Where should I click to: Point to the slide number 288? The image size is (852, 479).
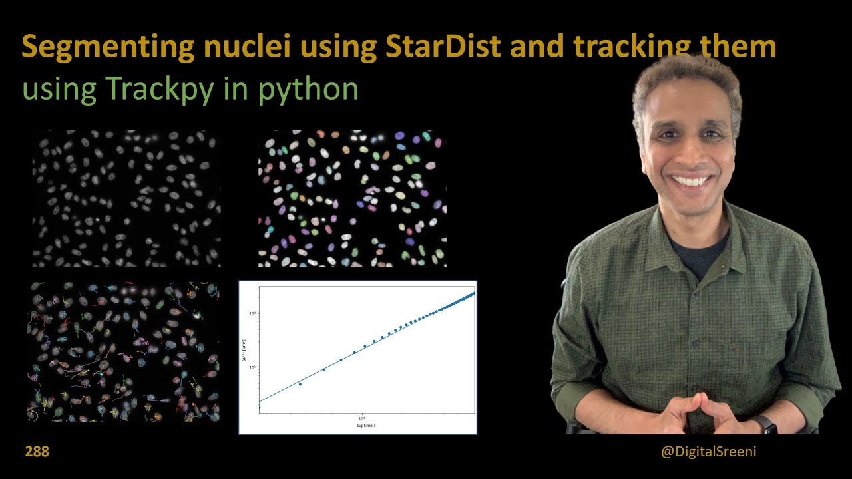(37, 452)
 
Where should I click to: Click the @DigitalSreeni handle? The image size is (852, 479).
(708, 452)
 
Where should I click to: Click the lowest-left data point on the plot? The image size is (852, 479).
(259, 407)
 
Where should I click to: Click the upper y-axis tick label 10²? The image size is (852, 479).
(253, 313)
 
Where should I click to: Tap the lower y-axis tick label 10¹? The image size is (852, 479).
(253, 367)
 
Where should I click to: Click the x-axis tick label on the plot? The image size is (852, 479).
(362, 418)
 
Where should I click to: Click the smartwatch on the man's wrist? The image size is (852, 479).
(763, 424)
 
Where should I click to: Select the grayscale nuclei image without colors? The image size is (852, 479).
(126, 198)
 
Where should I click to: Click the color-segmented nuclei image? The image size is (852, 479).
(352, 198)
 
